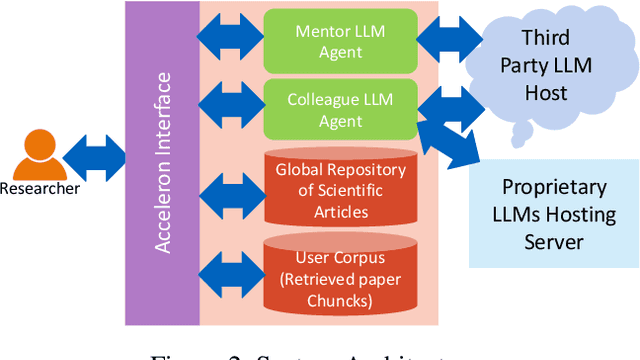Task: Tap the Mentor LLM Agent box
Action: coord(338,39)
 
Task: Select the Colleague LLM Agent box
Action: coord(338,109)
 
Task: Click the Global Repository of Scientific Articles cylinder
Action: coord(341,189)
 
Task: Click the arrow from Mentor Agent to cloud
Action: coord(446,44)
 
